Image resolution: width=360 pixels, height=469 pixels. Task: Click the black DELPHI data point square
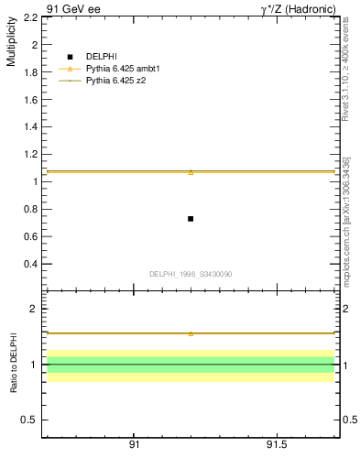[x=191, y=219]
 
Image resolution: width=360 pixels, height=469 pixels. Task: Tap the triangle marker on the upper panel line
[x=191, y=171]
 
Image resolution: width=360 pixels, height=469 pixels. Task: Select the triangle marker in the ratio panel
[x=191, y=333]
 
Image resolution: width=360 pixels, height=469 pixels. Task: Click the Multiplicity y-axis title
[x=11, y=44]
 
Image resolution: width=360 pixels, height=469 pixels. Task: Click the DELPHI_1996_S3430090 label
[x=191, y=274]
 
